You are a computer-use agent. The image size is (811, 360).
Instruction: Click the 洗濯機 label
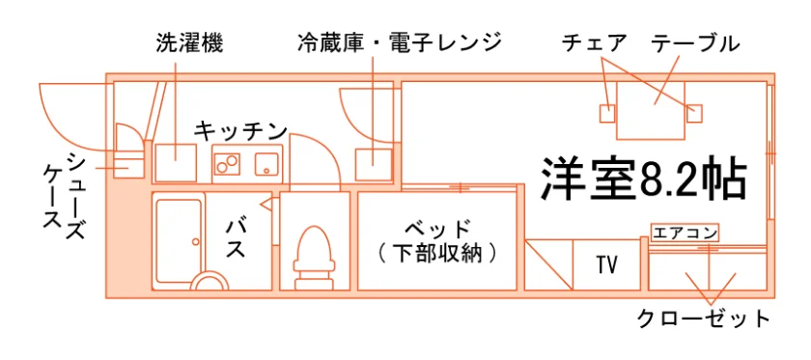click(x=189, y=44)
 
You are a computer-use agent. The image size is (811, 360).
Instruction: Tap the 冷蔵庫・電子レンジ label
click(x=400, y=42)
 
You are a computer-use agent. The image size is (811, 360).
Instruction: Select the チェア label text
click(x=595, y=42)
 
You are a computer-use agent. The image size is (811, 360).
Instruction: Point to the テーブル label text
click(x=694, y=42)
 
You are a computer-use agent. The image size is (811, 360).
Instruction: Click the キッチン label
click(x=241, y=131)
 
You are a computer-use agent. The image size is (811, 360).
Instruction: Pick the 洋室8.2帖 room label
click(x=644, y=179)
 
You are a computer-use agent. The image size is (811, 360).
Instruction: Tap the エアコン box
click(x=685, y=233)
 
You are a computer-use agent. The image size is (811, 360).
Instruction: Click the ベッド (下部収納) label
click(x=437, y=241)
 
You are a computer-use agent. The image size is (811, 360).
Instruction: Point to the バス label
click(x=236, y=239)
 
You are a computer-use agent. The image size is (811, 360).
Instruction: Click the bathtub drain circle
click(x=195, y=241)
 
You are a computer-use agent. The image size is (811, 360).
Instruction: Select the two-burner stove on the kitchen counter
click(x=228, y=164)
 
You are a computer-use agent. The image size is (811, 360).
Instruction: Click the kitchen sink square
click(x=266, y=164)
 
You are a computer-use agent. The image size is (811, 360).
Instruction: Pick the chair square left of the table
click(x=607, y=113)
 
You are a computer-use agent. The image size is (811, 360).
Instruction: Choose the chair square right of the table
click(x=694, y=113)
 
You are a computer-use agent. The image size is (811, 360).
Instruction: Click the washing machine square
click(x=176, y=163)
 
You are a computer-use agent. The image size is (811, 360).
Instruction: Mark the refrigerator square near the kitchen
click(x=374, y=164)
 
